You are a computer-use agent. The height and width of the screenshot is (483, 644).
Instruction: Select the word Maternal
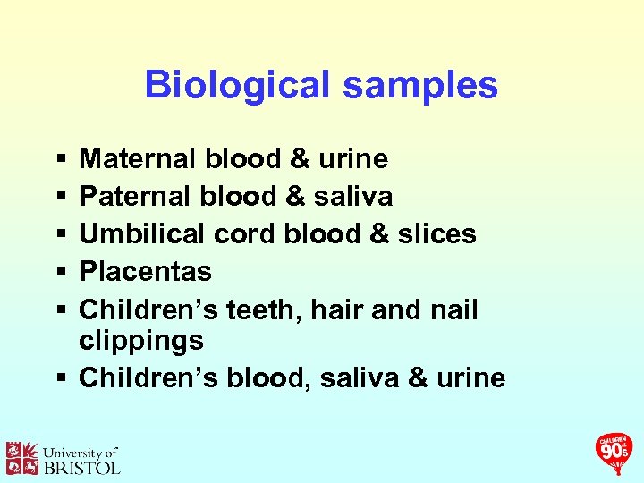click(x=139, y=159)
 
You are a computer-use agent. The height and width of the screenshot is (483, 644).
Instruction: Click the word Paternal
click(x=135, y=196)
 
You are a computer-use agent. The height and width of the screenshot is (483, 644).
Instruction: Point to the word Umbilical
click(x=143, y=233)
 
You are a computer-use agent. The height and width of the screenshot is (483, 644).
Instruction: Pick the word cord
click(x=246, y=233)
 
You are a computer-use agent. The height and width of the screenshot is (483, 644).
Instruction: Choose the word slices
click(x=437, y=233)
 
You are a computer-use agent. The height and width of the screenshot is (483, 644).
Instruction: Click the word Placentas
click(x=145, y=271)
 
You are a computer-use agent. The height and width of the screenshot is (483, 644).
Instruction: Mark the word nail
click(x=453, y=309)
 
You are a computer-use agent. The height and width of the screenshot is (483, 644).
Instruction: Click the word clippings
click(x=141, y=341)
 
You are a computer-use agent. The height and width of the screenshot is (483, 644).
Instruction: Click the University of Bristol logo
click(x=63, y=458)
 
